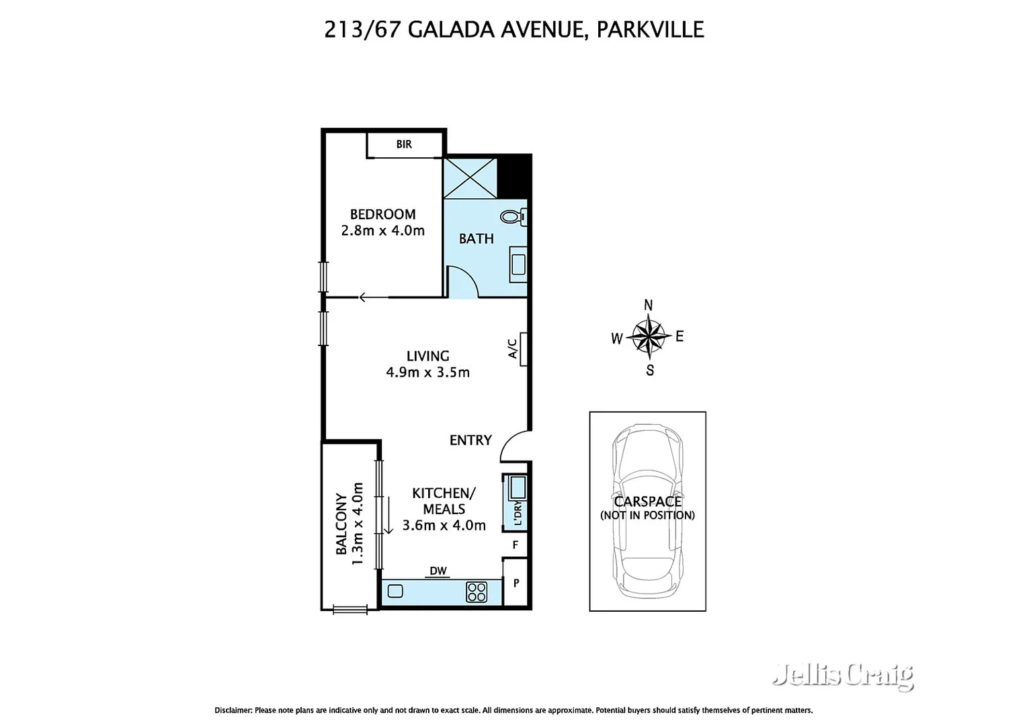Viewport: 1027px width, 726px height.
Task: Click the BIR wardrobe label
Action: pos(404,145)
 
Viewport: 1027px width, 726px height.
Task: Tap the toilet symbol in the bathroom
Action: pos(513,216)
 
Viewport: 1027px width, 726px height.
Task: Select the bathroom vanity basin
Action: pos(518,264)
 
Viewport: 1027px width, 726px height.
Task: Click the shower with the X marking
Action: pos(470,177)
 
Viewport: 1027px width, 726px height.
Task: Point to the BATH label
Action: pos(476,239)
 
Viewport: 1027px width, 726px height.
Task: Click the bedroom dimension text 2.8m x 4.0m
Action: pos(382,231)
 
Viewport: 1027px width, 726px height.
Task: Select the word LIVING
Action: pos(427,356)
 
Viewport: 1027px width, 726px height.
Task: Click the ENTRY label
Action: pos(470,440)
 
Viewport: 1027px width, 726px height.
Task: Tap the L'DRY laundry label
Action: pos(517,513)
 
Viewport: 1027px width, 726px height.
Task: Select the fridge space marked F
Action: pos(516,545)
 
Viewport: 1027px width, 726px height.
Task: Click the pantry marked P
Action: pos(516,583)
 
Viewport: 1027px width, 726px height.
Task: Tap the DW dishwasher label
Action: pos(438,571)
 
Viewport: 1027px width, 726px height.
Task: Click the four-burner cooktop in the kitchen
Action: pos(477,592)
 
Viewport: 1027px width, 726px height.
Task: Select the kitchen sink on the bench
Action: pos(395,592)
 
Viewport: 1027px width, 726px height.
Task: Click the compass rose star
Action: pos(649,337)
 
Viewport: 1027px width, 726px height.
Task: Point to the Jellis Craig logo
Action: pos(843,675)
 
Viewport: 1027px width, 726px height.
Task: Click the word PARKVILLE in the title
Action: pos(650,30)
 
